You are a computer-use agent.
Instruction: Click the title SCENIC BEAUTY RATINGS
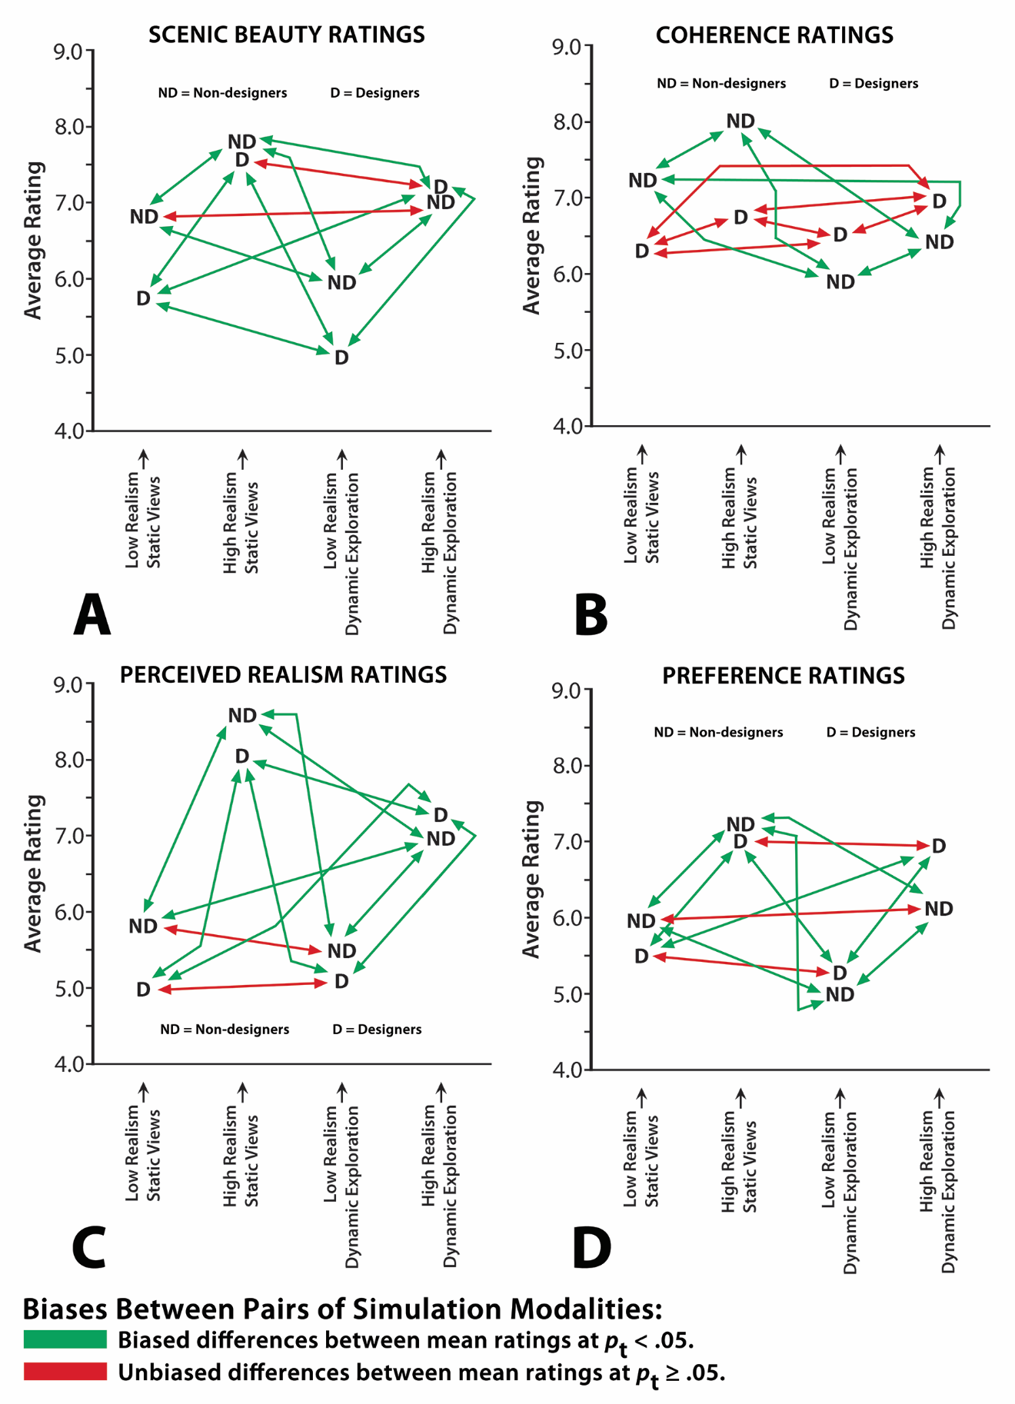[x=286, y=35]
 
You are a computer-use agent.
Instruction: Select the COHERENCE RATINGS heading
[x=774, y=35]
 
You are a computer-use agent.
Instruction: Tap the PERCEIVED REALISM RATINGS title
[x=283, y=675]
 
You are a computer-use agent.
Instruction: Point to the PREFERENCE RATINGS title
[x=783, y=676]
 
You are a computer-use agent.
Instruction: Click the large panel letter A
[x=92, y=615]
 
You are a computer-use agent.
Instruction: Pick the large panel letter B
[x=591, y=615]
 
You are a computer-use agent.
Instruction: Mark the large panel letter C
[x=88, y=1248]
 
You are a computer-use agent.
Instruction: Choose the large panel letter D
[x=591, y=1248]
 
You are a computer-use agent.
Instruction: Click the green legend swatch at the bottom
[x=65, y=1339]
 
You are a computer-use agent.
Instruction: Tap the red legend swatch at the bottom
[x=65, y=1372]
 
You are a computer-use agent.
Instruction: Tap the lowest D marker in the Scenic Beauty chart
[x=341, y=358]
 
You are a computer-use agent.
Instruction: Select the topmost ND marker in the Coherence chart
[x=740, y=121]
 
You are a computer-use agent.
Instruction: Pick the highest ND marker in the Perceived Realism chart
[x=242, y=716]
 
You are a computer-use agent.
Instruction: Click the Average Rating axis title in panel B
[x=532, y=235]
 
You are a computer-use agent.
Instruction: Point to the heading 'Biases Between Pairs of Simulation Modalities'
[x=342, y=1309]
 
